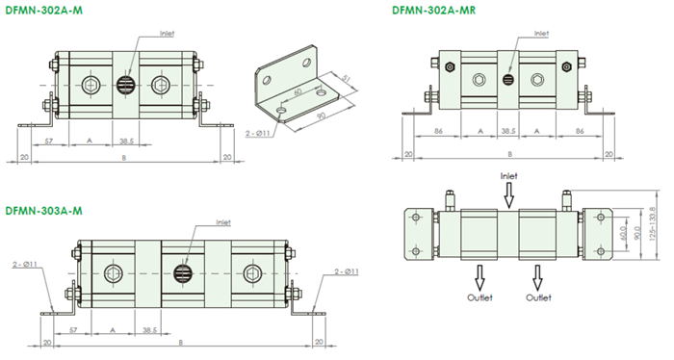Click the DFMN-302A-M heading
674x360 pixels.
(x=44, y=11)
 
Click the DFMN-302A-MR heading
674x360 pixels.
(x=433, y=11)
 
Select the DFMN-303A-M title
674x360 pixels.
(x=43, y=211)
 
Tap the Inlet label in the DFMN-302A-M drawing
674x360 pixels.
(x=168, y=34)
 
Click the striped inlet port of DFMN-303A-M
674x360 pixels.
(x=182, y=272)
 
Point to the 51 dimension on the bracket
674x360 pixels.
(x=346, y=79)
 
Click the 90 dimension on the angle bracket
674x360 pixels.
(x=320, y=116)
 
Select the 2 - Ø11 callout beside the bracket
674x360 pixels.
(x=257, y=133)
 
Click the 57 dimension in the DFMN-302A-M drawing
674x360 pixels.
(x=49, y=141)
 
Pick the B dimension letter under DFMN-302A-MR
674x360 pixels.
(x=510, y=154)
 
